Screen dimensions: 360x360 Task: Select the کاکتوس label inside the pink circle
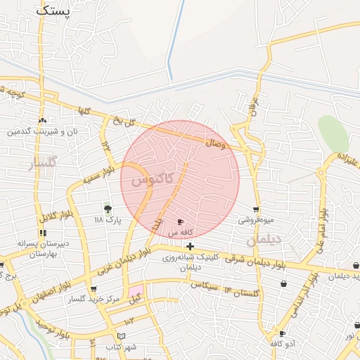(150, 180)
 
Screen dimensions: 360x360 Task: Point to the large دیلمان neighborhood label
(264, 240)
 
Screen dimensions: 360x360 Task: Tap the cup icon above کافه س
(181, 221)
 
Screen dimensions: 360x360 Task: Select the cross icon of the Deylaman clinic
(191, 246)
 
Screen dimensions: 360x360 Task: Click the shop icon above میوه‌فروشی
(256, 209)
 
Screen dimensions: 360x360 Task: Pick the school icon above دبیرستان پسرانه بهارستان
(43, 233)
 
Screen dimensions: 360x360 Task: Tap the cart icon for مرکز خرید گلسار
(94, 289)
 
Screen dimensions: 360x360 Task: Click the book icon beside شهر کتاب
(122, 336)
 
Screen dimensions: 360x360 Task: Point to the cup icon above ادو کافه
(282, 333)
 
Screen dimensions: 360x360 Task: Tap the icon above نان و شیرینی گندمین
(43, 121)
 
